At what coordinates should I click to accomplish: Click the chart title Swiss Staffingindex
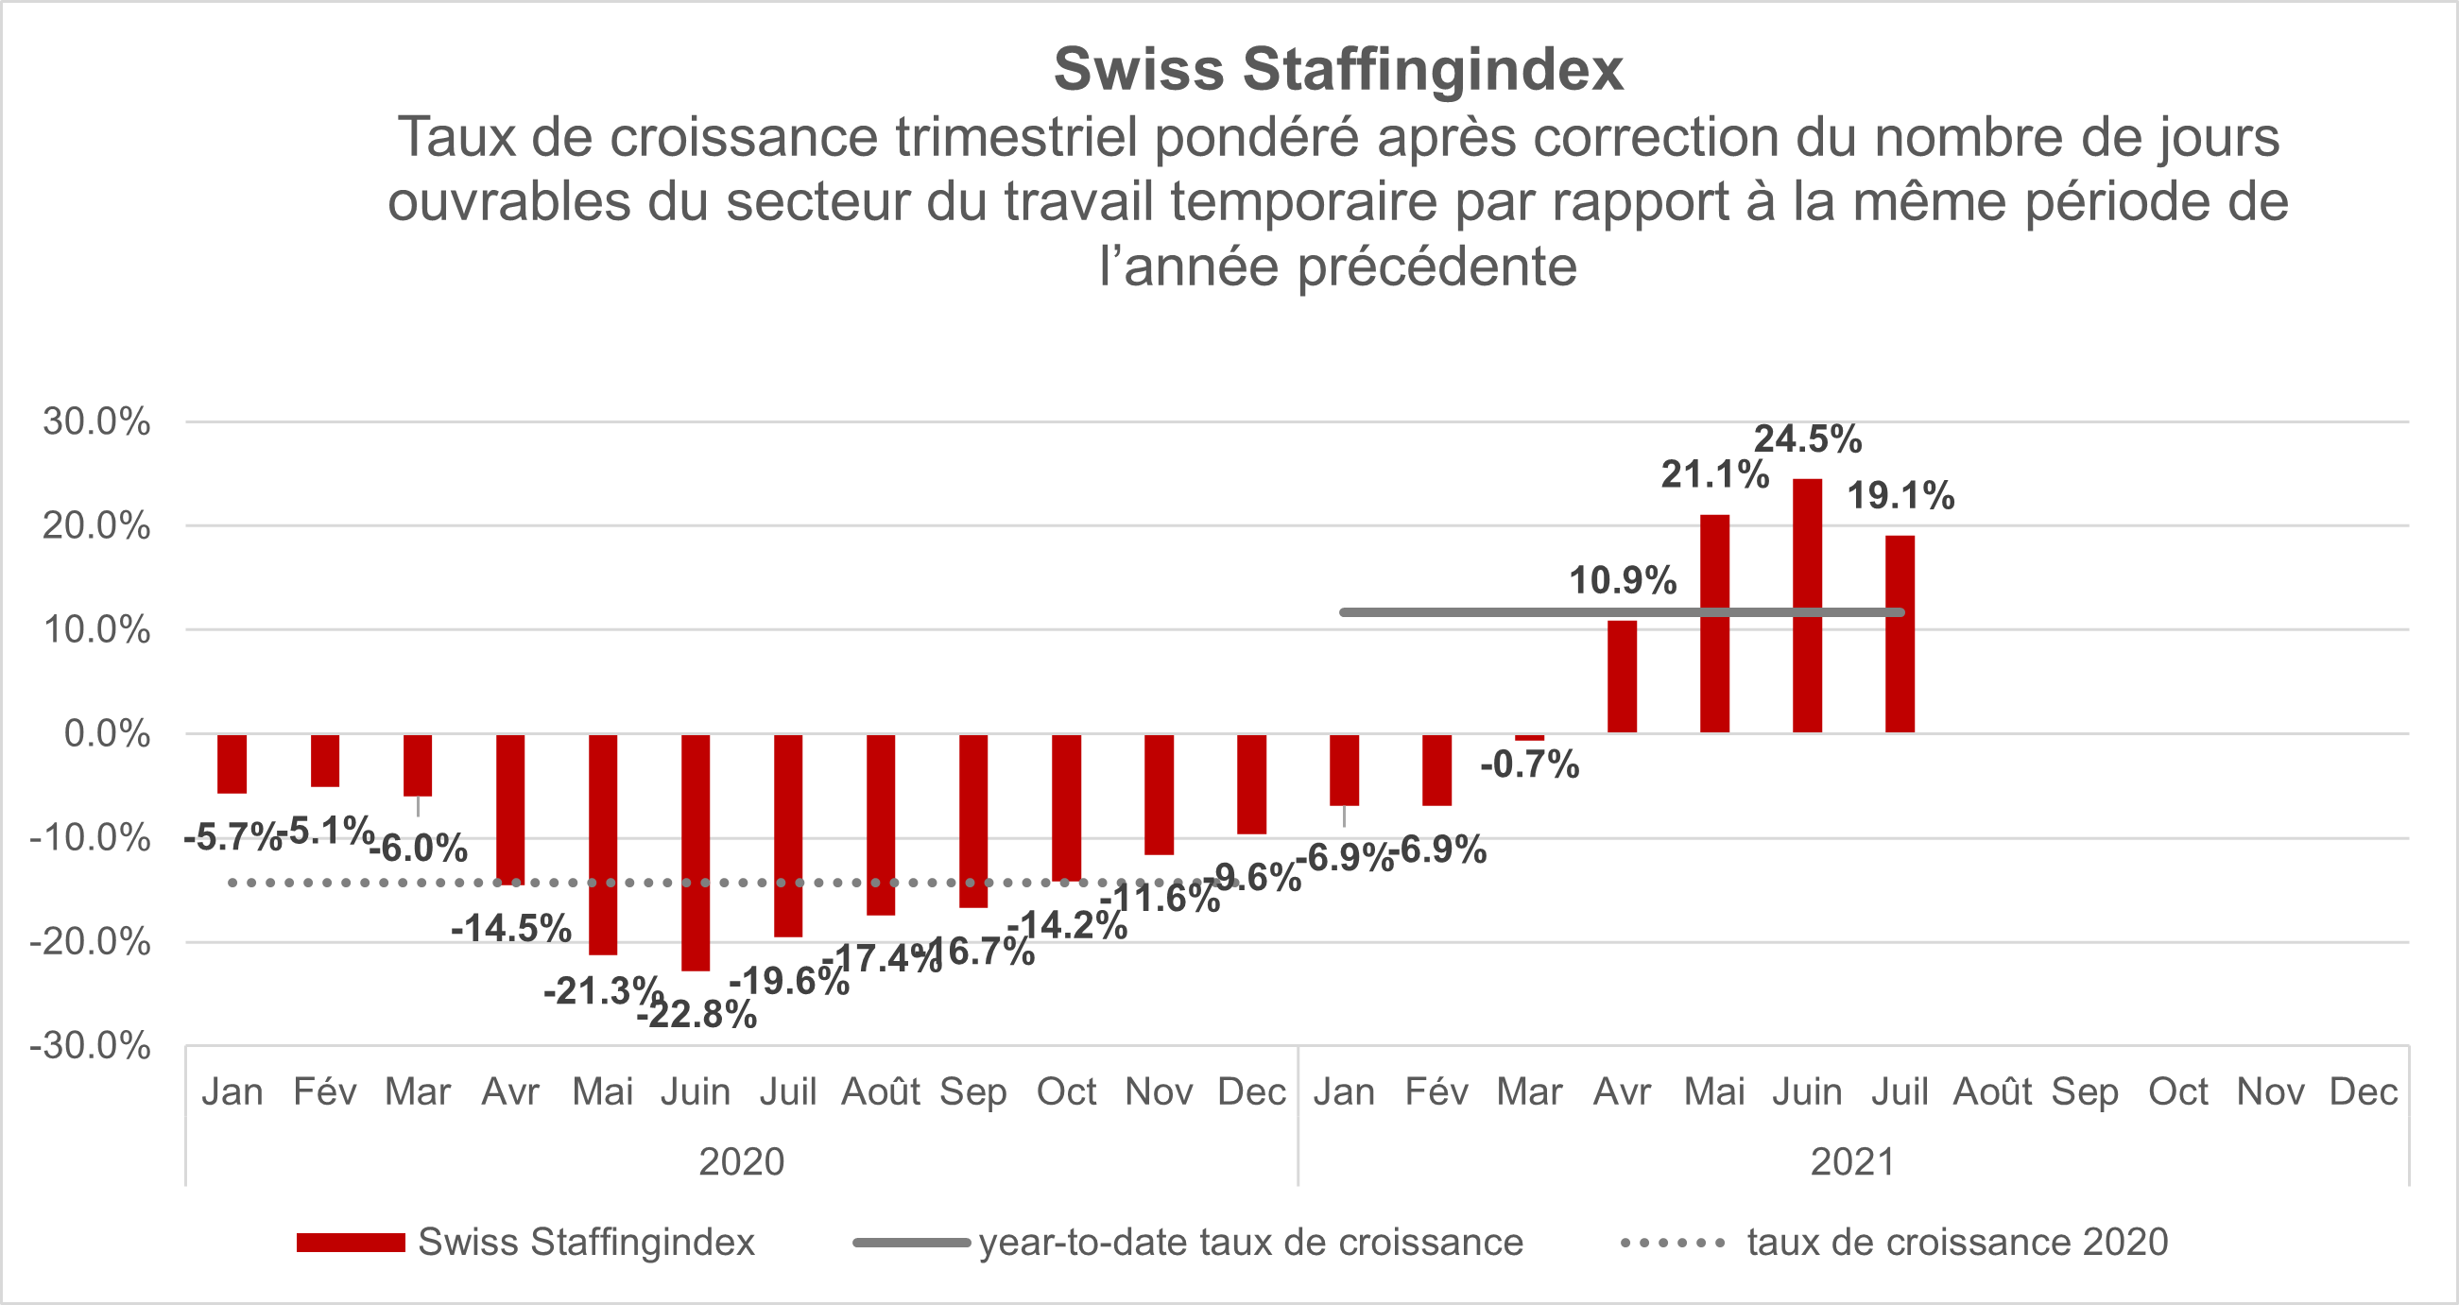tap(1337, 70)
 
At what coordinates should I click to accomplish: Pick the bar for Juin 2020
tap(695, 851)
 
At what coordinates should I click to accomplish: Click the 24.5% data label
tap(1807, 439)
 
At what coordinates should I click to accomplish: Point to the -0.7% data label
tap(1529, 764)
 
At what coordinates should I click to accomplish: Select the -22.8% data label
tap(696, 1015)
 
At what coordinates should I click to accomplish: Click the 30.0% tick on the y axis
tap(96, 421)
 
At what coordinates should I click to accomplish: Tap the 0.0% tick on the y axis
tap(107, 734)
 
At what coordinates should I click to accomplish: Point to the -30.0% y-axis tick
tap(91, 1046)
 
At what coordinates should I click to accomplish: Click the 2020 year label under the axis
tap(742, 1161)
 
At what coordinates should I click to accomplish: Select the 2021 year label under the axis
tap(1853, 1161)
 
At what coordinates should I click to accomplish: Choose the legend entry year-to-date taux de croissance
tap(1250, 1243)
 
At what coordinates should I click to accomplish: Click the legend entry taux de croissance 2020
tap(1957, 1243)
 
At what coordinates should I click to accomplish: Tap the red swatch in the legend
tap(351, 1243)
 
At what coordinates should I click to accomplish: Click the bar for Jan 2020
tap(232, 764)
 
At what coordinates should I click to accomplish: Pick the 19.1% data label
tap(1900, 496)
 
